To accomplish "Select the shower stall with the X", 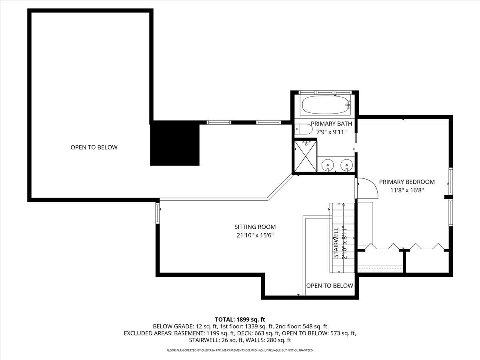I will [306, 156].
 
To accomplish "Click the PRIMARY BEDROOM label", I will [407, 182].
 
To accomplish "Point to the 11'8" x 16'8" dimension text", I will [407, 190].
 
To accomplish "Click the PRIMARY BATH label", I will [326, 124].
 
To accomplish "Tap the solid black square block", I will [175, 144].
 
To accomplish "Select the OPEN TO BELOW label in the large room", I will [94, 147].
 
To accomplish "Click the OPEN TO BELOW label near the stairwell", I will [330, 286].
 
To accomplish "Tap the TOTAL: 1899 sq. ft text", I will [240, 319].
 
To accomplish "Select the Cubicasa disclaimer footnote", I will [240, 350].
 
